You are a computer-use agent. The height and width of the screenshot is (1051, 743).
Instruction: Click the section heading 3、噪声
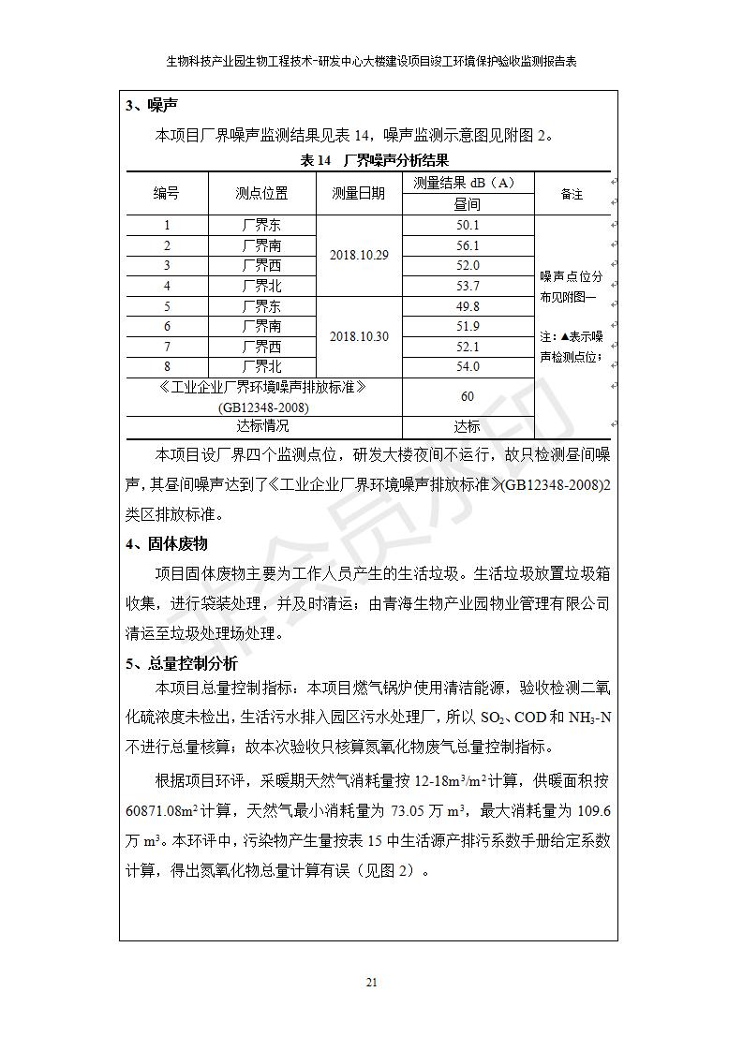coord(153,106)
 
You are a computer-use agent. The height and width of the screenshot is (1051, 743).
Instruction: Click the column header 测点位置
coord(261,194)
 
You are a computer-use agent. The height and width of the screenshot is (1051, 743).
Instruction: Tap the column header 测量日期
coord(358,194)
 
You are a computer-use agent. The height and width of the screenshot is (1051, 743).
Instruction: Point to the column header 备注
coord(572,194)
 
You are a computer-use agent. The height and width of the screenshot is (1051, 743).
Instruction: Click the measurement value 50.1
coord(468,225)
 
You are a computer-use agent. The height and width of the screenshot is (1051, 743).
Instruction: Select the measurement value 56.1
coord(468,245)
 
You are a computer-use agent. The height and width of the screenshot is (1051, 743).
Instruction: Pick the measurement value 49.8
coord(468,306)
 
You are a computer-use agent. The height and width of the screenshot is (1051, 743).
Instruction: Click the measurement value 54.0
coord(468,366)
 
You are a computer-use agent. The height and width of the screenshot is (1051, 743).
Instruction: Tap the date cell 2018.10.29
coord(358,255)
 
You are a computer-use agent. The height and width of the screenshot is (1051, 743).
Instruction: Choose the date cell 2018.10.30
coord(358,336)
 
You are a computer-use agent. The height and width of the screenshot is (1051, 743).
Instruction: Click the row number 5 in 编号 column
coord(167,306)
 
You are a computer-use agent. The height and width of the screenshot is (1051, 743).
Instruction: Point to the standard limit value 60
coord(468,396)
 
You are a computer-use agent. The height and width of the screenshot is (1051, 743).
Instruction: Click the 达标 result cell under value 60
coord(468,426)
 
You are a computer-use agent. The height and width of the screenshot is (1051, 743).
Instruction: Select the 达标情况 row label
coord(263,426)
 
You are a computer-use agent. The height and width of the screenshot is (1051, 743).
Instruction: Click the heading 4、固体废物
coord(167,543)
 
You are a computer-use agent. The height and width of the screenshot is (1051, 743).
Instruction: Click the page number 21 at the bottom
coord(371,982)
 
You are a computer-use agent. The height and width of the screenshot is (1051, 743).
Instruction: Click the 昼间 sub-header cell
coord(468,204)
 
